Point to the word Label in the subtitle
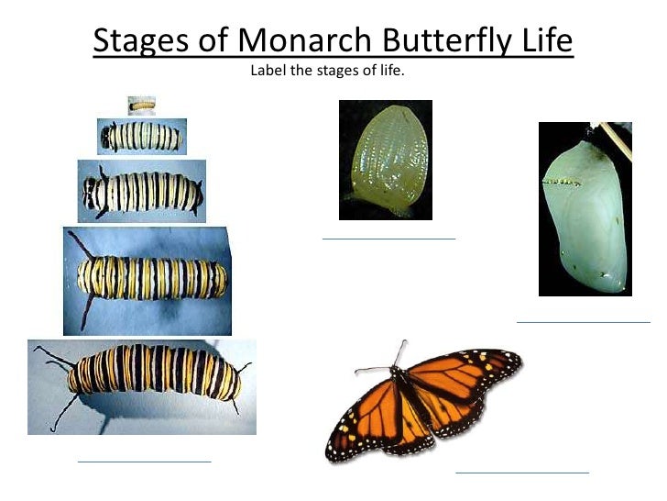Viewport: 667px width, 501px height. tap(268, 69)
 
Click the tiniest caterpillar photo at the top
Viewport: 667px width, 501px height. tap(141, 105)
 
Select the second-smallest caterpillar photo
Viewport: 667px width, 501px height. tap(142, 137)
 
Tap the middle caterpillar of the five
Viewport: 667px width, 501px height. tap(141, 192)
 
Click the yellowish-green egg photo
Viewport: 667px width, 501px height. tap(384, 161)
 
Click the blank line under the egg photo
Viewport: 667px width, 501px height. tap(388, 239)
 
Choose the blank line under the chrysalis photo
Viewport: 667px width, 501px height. tap(583, 322)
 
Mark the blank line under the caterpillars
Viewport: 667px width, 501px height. tap(144, 461)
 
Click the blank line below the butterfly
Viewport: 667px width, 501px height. tap(521, 473)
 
